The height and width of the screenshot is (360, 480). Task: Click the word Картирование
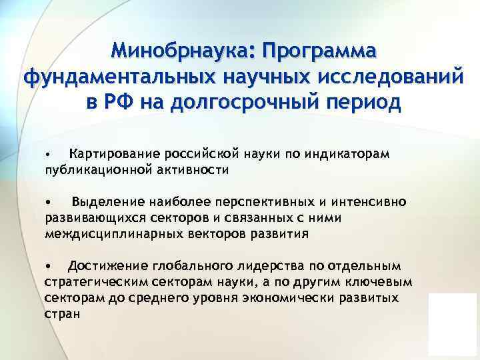[111, 155]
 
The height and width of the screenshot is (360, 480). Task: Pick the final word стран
[62, 314]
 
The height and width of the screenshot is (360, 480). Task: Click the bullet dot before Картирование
[48, 155]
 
